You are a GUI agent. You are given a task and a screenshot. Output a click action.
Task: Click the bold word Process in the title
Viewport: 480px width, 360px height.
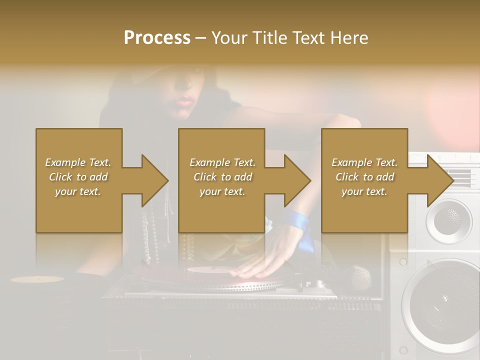click(x=157, y=38)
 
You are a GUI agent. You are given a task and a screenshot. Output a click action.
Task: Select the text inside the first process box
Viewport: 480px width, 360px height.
click(x=78, y=177)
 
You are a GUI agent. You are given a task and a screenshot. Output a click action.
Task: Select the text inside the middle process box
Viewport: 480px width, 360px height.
click(x=222, y=177)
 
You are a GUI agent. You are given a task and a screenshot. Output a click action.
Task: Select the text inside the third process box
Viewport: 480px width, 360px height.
click(x=364, y=177)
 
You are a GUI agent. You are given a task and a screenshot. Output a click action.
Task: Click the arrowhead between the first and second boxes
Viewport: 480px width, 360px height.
click(x=154, y=180)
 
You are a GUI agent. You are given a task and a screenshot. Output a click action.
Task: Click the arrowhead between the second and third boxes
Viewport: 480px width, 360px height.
click(x=296, y=180)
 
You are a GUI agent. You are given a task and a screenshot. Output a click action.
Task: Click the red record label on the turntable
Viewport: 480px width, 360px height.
click(x=210, y=270)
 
